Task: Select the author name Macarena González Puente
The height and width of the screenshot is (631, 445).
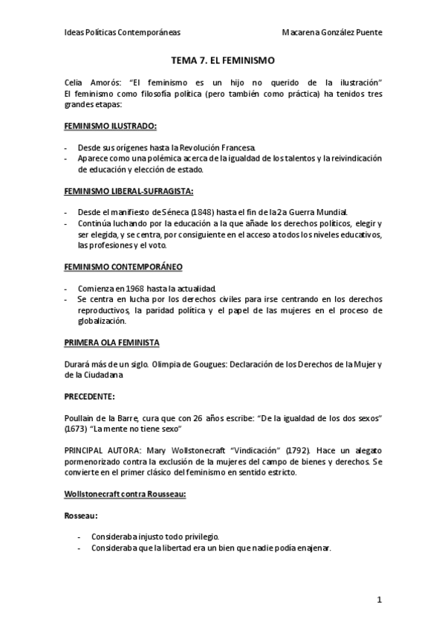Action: coord(334,33)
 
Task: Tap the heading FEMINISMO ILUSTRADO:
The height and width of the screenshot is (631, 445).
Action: coord(111,126)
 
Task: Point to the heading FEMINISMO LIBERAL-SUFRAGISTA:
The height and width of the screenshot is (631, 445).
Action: coord(129,191)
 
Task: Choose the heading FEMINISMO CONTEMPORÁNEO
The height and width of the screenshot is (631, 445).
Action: coord(123,266)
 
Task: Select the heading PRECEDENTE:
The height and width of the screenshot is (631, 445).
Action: coord(89,397)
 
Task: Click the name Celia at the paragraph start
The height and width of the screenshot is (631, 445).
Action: coord(75,81)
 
